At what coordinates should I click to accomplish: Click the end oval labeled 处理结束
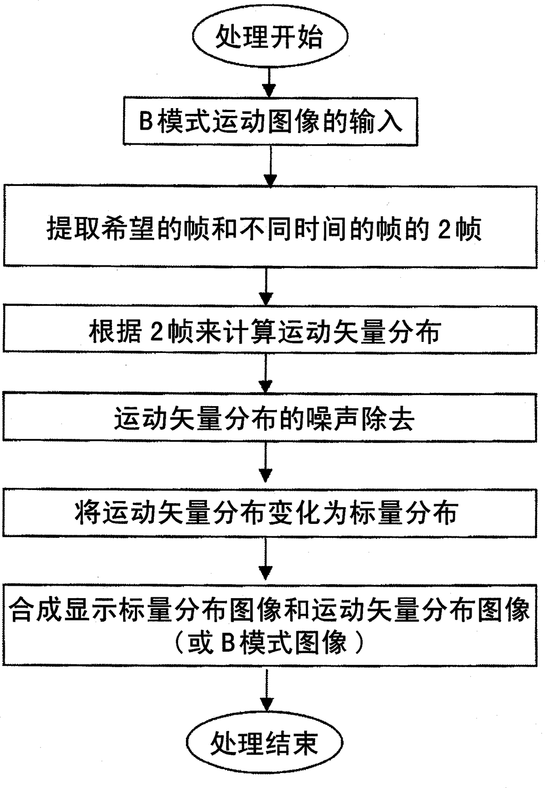point(264,743)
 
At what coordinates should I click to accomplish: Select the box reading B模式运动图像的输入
point(270,121)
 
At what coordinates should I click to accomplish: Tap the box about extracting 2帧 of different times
point(270,226)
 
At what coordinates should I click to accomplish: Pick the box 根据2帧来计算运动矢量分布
point(270,330)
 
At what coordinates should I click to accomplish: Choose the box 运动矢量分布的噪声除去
point(270,417)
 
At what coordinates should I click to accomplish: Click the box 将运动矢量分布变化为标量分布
point(270,512)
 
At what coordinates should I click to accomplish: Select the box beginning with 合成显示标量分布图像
point(270,625)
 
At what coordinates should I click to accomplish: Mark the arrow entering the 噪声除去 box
point(265,374)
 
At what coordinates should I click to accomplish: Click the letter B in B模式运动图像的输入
point(145,121)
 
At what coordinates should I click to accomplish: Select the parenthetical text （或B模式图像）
point(269,643)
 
